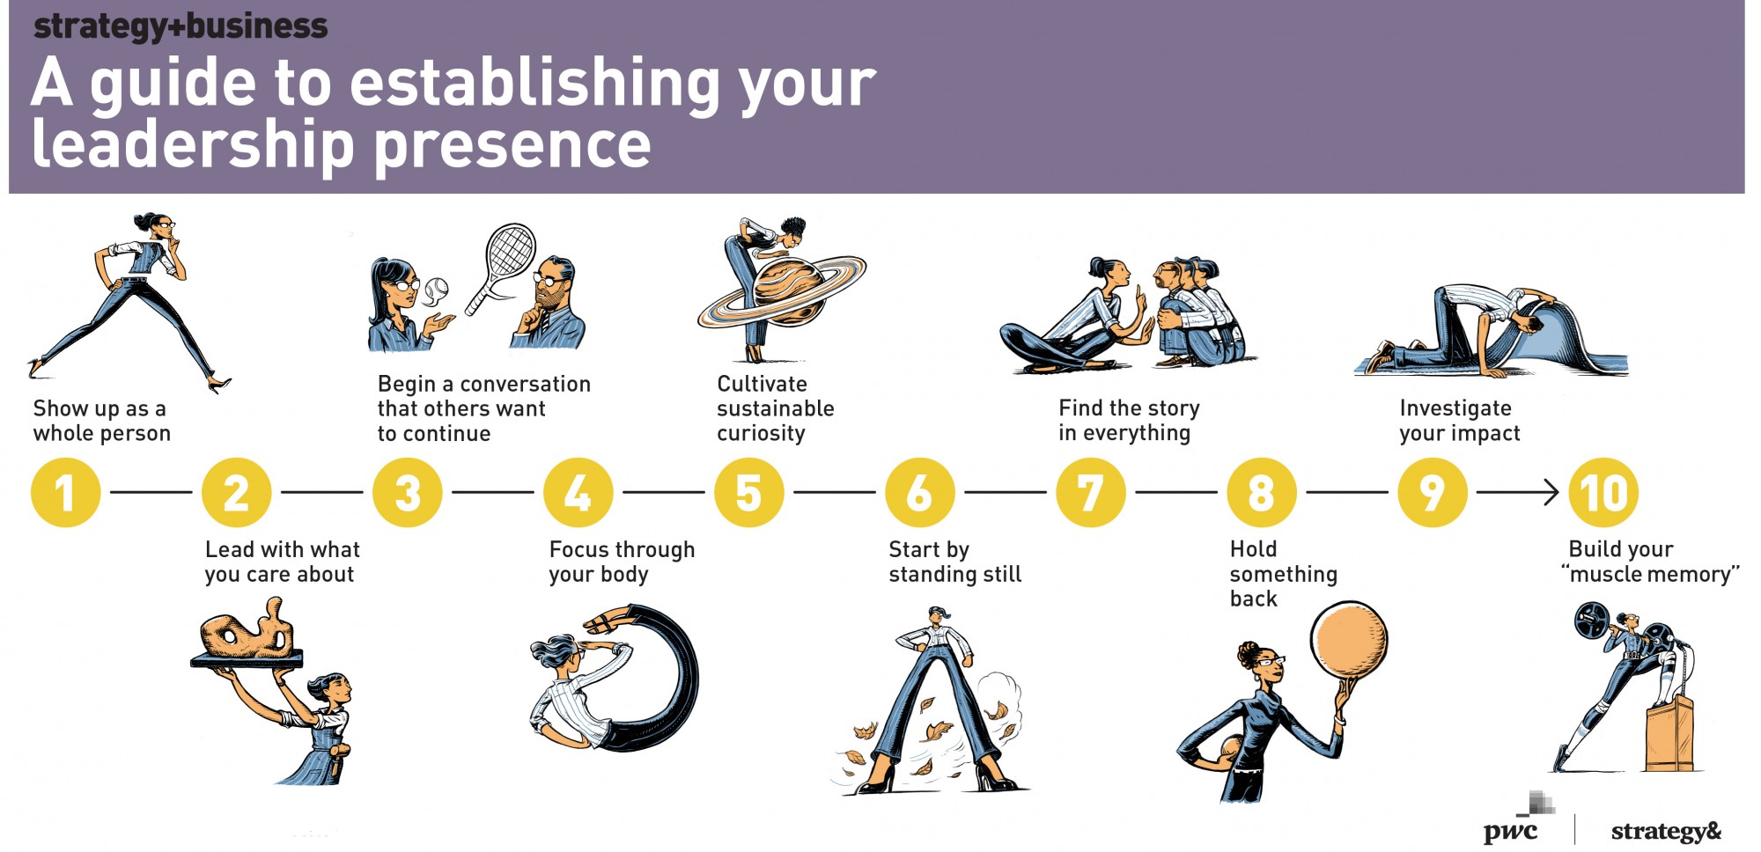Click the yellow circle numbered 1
pyautogui.click(x=65, y=492)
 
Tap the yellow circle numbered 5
pyautogui.click(x=748, y=492)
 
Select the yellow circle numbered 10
pyautogui.click(x=1603, y=492)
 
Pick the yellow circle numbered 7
pyautogui.click(x=1090, y=492)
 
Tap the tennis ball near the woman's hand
pyautogui.click(x=437, y=289)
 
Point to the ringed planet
pyautogui.click(x=782, y=290)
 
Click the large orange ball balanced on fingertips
pyautogui.click(x=1348, y=640)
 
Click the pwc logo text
pyautogui.click(x=1510, y=830)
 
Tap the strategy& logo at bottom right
pyautogui.click(x=1666, y=831)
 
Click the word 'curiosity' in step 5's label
pyautogui.click(x=761, y=433)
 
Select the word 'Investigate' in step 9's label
pyautogui.click(x=1455, y=408)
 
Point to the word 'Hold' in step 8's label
pyautogui.click(x=1253, y=549)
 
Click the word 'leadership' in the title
pyautogui.click(x=193, y=144)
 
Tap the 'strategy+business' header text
pyautogui.click(x=181, y=26)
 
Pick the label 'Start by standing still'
pyautogui.click(x=955, y=562)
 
